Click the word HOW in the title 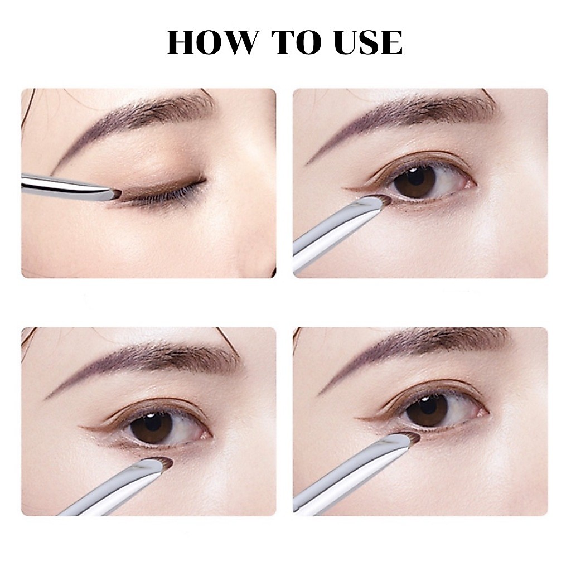point(213,42)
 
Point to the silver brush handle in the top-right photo point(335,229)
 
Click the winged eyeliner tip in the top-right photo point(346,188)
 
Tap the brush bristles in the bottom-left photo point(164,461)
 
